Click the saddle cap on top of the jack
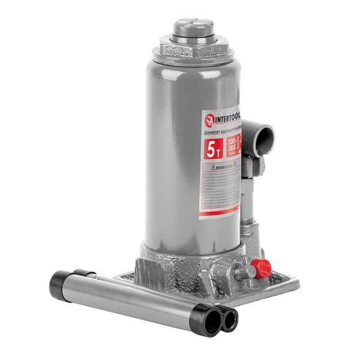coord(193,27)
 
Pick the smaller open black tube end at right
coord(229,319)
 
